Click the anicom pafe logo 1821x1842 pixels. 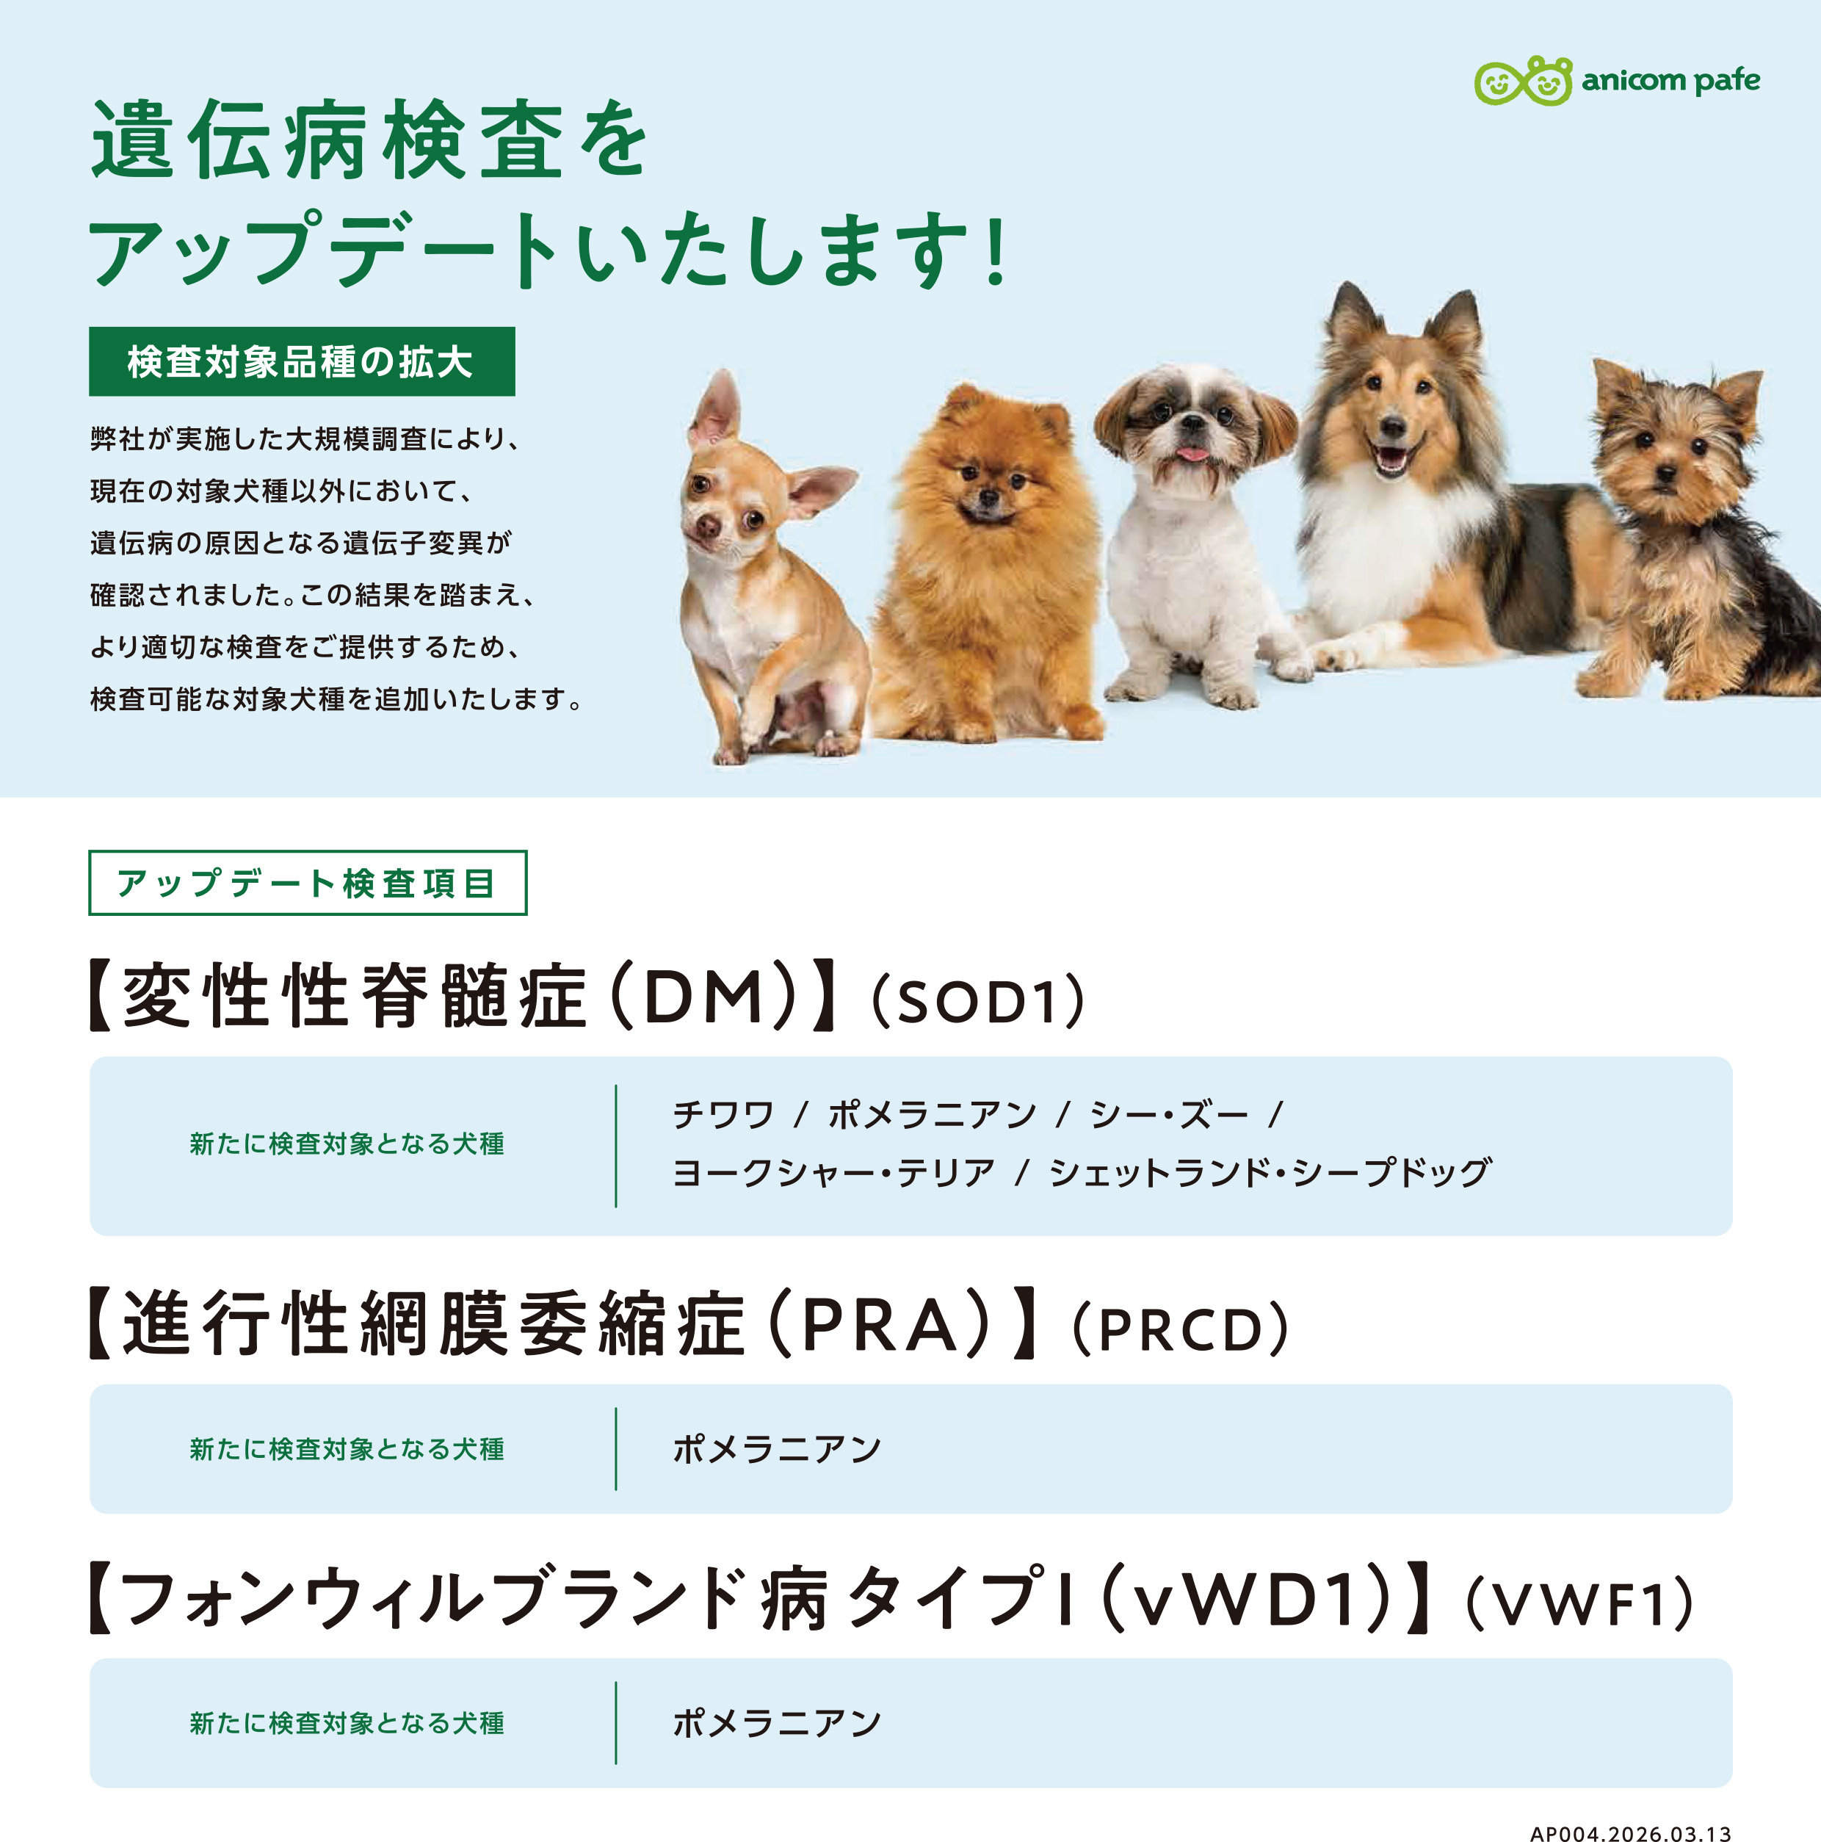pos(1617,80)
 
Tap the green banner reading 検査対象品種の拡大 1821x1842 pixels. pos(301,361)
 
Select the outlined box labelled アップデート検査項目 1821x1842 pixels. pos(307,883)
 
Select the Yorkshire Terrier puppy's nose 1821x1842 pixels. pos(1665,472)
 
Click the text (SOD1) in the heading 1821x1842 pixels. pos(978,1001)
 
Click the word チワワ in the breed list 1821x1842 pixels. pos(723,1115)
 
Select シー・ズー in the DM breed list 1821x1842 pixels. pos(1169,1115)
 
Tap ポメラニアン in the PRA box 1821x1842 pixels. pos(777,1449)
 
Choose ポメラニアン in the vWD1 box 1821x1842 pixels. pos(777,1723)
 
